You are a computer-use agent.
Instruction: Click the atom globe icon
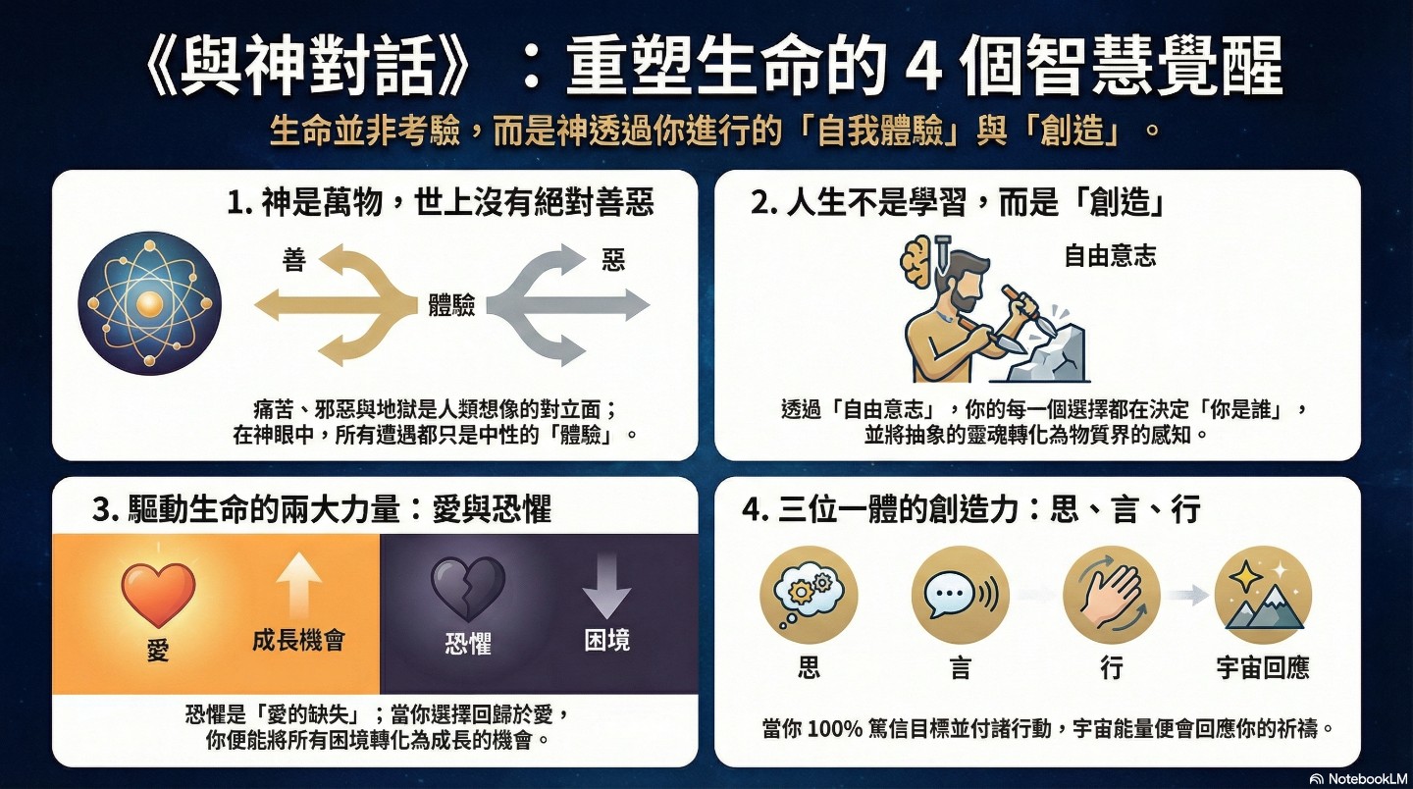point(149,304)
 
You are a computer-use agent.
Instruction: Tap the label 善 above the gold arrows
point(294,259)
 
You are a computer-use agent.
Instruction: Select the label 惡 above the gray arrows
point(613,259)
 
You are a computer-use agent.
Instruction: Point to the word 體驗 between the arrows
point(451,305)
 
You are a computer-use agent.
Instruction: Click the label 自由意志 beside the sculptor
point(1110,256)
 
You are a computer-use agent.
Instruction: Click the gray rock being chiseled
point(1047,354)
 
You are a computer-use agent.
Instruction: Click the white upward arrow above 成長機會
point(299,587)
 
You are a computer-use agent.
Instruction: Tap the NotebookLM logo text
point(1368,778)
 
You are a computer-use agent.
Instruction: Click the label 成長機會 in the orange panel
point(298,640)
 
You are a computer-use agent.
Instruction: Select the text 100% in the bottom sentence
point(834,728)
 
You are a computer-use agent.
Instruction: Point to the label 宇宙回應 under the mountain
point(1263,667)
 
